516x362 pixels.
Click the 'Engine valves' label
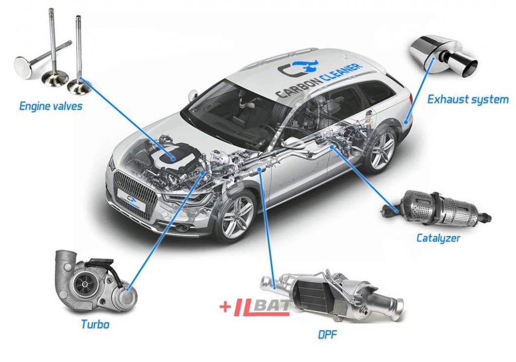(50, 106)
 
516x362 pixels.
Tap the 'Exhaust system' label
(468, 99)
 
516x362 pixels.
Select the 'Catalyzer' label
(438, 238)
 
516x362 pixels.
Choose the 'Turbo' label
(95, 324)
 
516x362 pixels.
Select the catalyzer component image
(436, 209)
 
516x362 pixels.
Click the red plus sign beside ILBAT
(225, 307)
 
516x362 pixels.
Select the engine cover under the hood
(174, 154)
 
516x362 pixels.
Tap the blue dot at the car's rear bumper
(405, 121)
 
